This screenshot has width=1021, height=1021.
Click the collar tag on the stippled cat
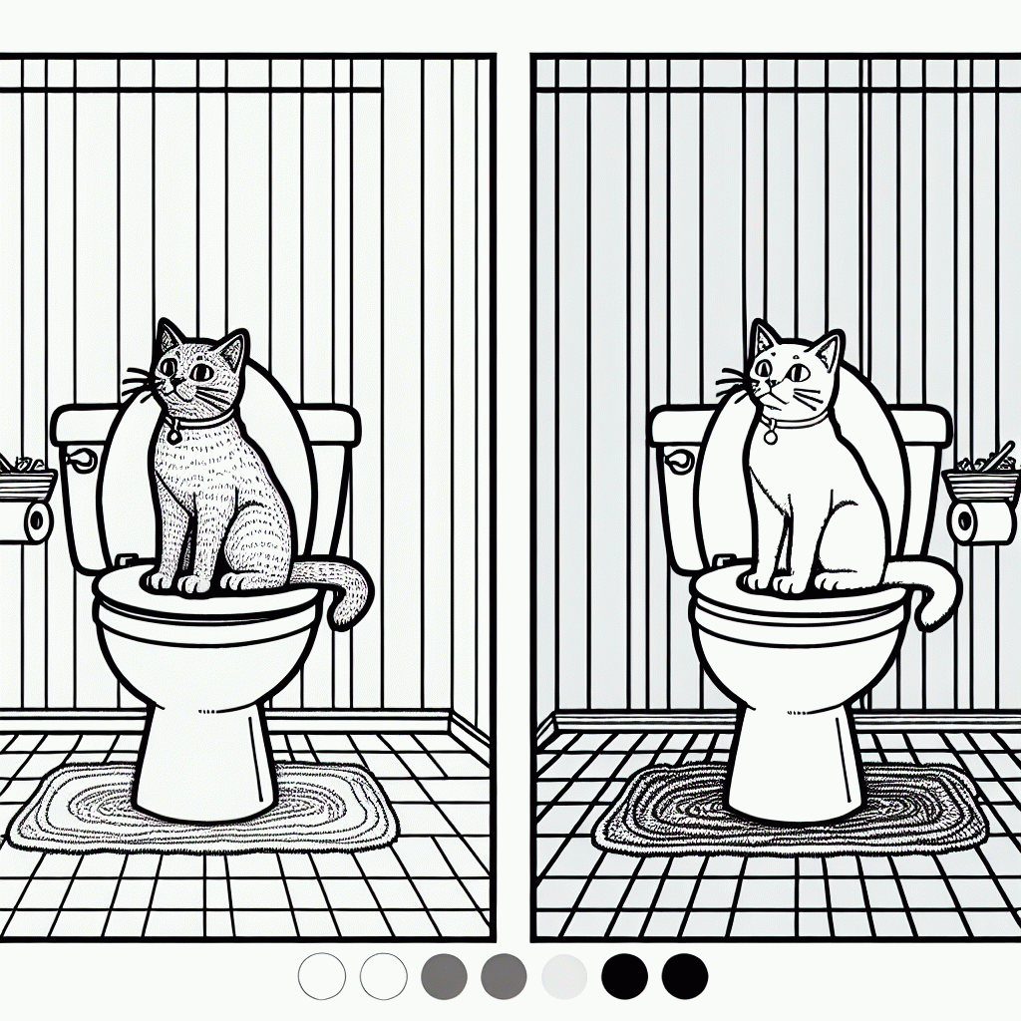pyautogui.click(x=173, y=434)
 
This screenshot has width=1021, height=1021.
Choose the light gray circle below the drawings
pyautogui.click(x=563, y=975)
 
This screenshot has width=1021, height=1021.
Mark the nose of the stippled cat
pyautogui.click(x=175, y=388)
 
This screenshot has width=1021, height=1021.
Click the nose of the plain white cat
pyautogui.click(x=770, y=387)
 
